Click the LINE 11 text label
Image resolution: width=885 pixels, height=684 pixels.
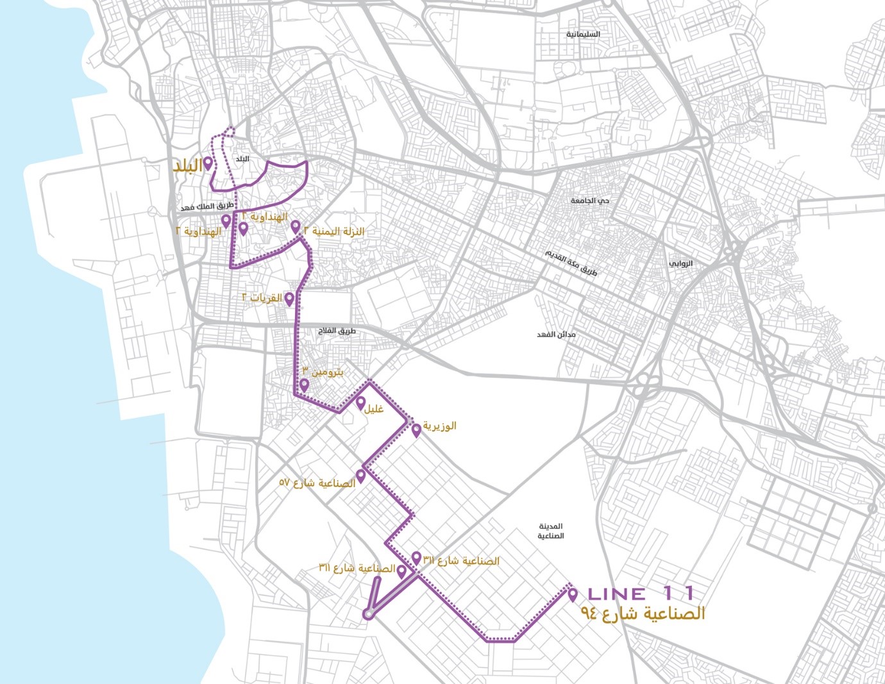point(641,594)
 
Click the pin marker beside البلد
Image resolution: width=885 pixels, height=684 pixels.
point(208,163)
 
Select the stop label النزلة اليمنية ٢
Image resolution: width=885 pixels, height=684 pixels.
point(333,231)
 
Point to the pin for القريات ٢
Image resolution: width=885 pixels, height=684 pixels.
point(289,299)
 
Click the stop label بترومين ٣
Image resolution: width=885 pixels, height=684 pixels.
point(323,372)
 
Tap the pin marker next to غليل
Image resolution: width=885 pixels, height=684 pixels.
point(361,403)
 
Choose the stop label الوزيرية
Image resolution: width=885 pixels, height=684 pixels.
point(439,426)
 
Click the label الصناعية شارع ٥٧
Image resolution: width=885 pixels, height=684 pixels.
point(317,483)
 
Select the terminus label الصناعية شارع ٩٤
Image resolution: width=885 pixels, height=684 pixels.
point(643,613)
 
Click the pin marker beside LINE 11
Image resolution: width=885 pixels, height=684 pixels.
point(573,595)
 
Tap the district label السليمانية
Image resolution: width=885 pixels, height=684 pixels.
point(582,34)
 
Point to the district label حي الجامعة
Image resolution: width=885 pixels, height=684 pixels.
point(590,201)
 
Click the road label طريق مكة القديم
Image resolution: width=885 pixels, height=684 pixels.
point(571,262)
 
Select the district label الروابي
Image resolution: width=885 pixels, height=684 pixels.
point(680,263)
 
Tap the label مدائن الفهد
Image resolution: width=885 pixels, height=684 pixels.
point(556,335)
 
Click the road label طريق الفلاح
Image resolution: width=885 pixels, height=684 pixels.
point(337,331)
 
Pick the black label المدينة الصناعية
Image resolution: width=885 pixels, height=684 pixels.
point(550,531)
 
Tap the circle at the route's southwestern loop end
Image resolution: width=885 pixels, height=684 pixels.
point(368,614)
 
